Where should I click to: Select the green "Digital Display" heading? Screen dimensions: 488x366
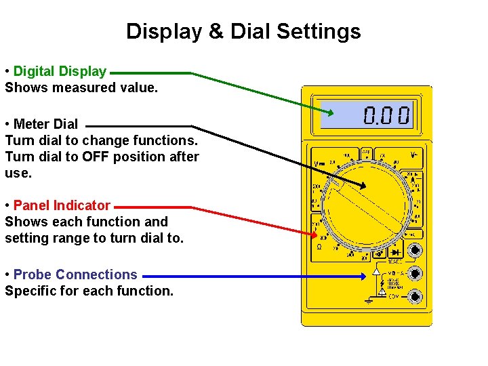(60, 71)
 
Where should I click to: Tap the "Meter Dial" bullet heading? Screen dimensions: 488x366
(45, 124)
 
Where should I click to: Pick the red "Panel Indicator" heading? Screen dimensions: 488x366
(62, 205)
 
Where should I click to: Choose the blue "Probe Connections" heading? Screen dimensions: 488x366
(75, 274)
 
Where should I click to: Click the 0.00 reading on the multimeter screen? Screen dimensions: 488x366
(386, 116)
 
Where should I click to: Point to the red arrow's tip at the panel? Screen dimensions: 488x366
(316, 236)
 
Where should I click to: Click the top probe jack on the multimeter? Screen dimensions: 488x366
(415, 251)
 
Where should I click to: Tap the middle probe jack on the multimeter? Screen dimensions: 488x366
(415, 274)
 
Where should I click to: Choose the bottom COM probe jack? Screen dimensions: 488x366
(415, 296)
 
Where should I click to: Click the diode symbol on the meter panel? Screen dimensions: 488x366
(395, 251)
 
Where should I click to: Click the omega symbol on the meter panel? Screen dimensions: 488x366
(319, 248)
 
